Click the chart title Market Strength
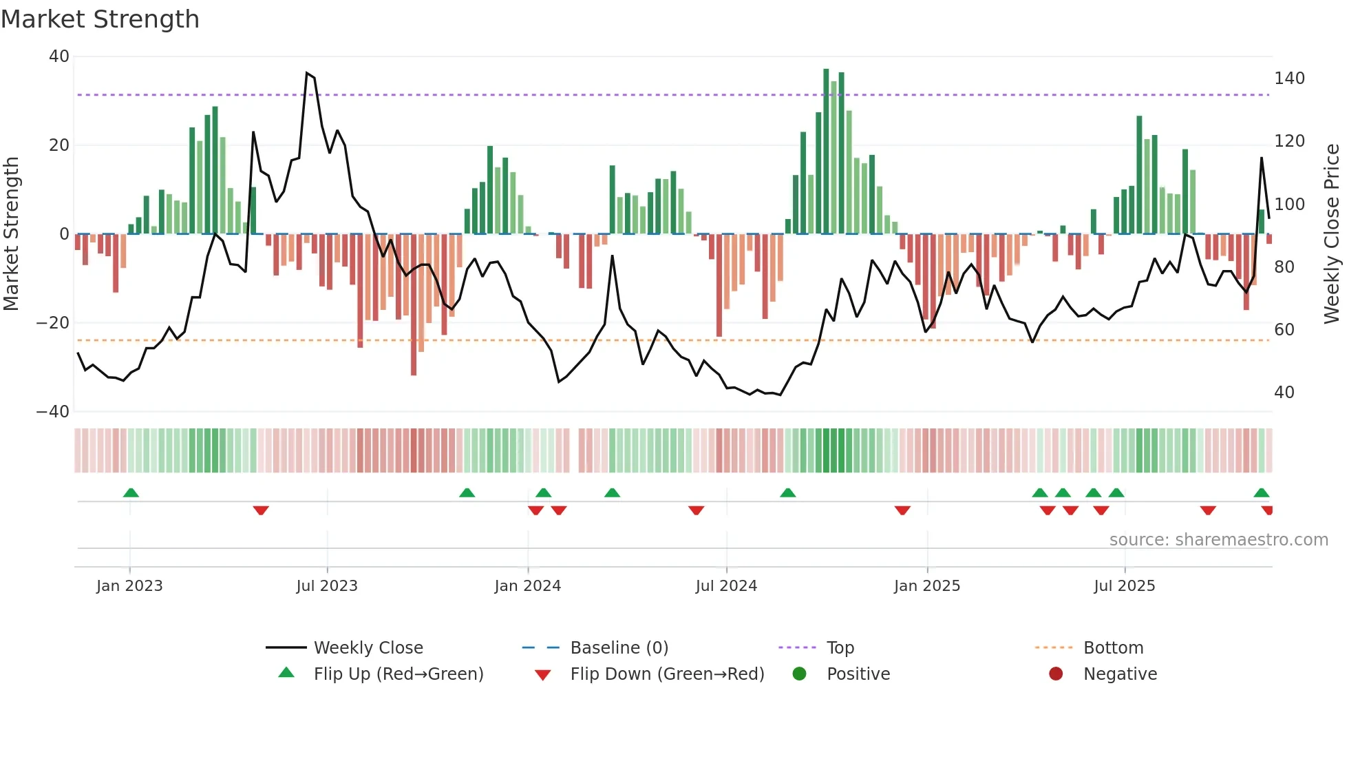[x=100, y=19]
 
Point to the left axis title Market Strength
[x=12, y=233]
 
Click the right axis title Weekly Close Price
[x=1332, y=233]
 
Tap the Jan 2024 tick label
[x=527, y=586]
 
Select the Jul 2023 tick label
[x=327, y=586]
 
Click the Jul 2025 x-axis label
[x=1124, y=586]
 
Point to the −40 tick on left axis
[x=53, y=412]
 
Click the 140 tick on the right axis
[x=1289, y=79]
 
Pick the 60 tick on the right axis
[x=1284, y=330]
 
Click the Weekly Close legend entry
[x=368, y=648]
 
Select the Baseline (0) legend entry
[x=619, y=648]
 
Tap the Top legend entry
[x=840, y=648]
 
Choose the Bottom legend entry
[x=1113, y=648]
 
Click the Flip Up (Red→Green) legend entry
[x=398, y=674]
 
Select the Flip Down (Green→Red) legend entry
[x=666, y=674]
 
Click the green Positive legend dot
[x=799, y=674]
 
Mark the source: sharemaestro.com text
[x=1218, y=540]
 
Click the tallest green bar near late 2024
[x=826, y=152]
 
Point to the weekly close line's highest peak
[x=307, y=73]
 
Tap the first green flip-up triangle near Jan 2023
[x=131, y=492]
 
